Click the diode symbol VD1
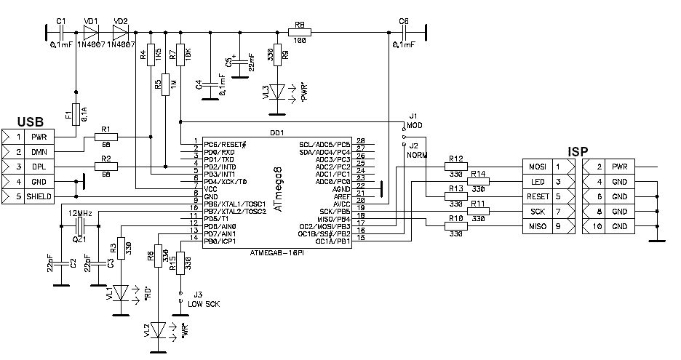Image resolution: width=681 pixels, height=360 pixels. pyautogui.click(x=90, y=32)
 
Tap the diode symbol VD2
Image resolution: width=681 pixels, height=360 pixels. pyautogui.click(x=120, y=32)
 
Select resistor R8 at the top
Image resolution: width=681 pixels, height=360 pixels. pyautogui.click(x=299, y=32)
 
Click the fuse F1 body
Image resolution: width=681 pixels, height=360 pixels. pyautogui.click(x=76, y=114)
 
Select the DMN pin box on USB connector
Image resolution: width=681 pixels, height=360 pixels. pyautogui.click(x=38, y=151)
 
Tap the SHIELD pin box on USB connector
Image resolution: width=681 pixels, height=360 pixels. pyautogui.click(x=38, y=196)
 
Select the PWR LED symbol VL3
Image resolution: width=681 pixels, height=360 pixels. pyautogui.click(x=277, y=92)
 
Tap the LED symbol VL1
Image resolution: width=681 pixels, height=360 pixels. pyautogui.click(x=120, y=292)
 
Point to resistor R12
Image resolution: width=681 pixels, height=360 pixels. pyautogui.click(x=456, y=167)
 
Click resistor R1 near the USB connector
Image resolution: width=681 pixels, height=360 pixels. pyautogui.click(x=106, y=136)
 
